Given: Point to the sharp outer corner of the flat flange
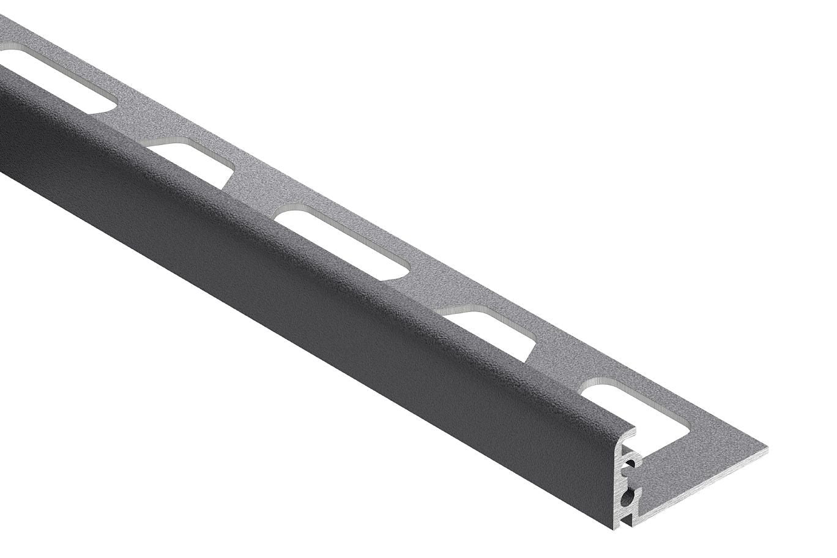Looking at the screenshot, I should coord(767,452).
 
